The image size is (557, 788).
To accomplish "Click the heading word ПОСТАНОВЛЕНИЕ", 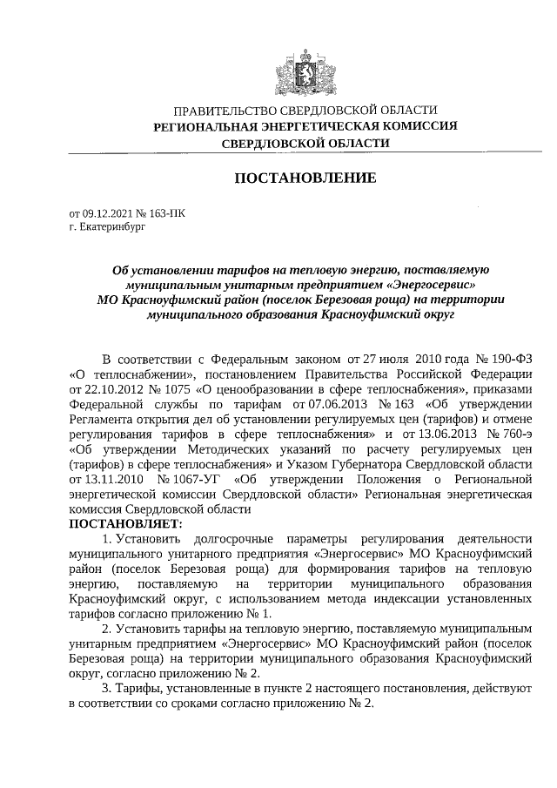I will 305,178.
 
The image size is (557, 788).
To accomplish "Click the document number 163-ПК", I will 167,212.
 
